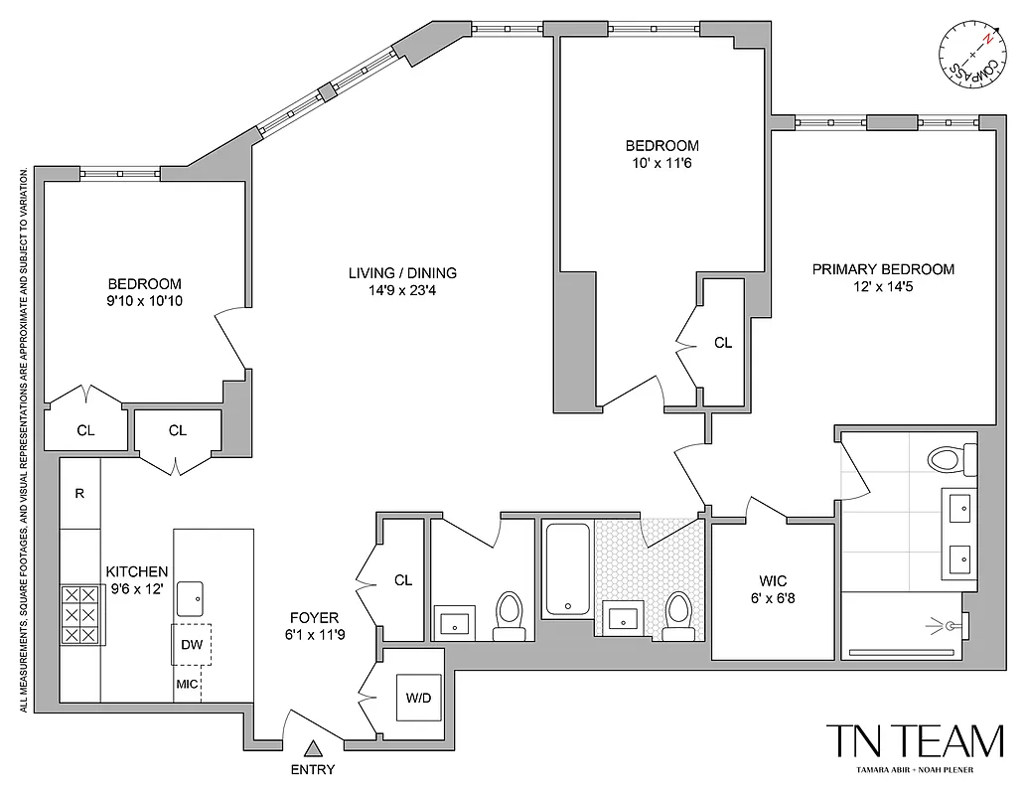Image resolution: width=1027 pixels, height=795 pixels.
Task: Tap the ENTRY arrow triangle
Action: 314,750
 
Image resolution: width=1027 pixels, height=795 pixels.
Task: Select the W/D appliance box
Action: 418,698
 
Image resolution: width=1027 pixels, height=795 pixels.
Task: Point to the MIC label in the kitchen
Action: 187,684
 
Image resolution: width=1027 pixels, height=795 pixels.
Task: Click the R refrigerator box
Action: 79,493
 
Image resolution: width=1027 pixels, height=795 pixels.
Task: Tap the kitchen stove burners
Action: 80,614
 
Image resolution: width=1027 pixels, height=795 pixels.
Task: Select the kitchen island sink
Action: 191,599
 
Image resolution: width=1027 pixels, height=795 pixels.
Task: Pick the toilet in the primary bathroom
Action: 946,460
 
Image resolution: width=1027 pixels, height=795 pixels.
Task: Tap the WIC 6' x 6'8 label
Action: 773,587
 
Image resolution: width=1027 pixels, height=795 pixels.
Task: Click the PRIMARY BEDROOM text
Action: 883,269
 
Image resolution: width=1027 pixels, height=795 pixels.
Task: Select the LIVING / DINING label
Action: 402,273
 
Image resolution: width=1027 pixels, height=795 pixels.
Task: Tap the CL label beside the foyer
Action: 402,580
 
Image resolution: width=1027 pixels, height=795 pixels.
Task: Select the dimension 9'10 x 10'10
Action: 144,300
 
